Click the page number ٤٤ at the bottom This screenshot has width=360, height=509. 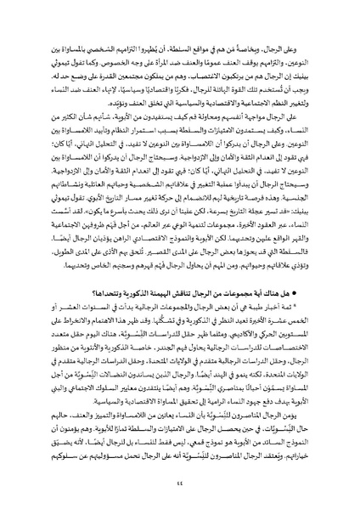(180, 487)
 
